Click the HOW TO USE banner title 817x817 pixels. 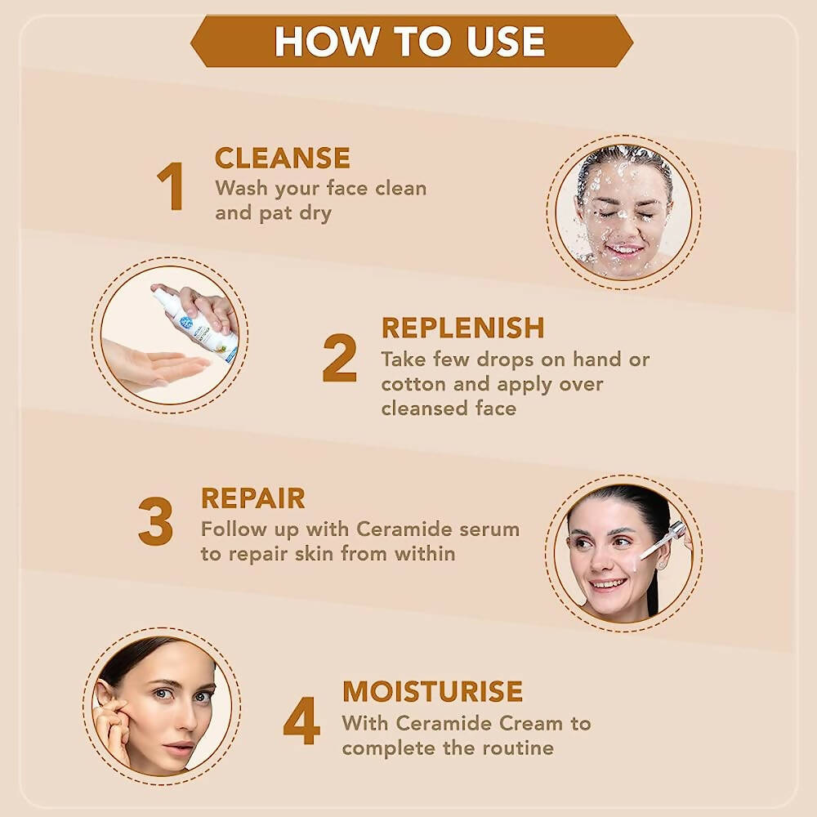[409, 41]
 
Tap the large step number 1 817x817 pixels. [171, 186]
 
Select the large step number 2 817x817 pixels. [340, 358]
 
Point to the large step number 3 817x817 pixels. [155, 521]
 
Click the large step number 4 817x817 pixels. [301, 721]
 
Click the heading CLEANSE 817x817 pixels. [283, 158]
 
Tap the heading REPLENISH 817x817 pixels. [462, 328]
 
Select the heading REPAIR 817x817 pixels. [253, 498]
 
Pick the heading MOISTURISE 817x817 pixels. [432, 691]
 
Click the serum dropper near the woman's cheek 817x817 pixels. [663, 540]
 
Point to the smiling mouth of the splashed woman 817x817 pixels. [624, 250]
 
